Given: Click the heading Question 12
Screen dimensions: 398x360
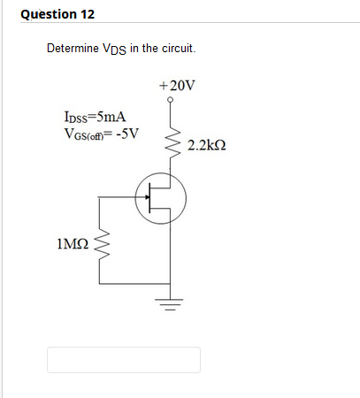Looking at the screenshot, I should click(57, 14).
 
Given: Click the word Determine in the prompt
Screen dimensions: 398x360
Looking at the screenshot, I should click(73, 47).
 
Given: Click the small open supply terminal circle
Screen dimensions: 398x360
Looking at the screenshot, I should click(170, 100).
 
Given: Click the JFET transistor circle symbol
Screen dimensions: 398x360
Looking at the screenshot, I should click(160, 197).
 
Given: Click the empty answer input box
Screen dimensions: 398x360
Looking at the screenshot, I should click(124, 359).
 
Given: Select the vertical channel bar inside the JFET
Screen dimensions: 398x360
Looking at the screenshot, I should click(154, 197).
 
